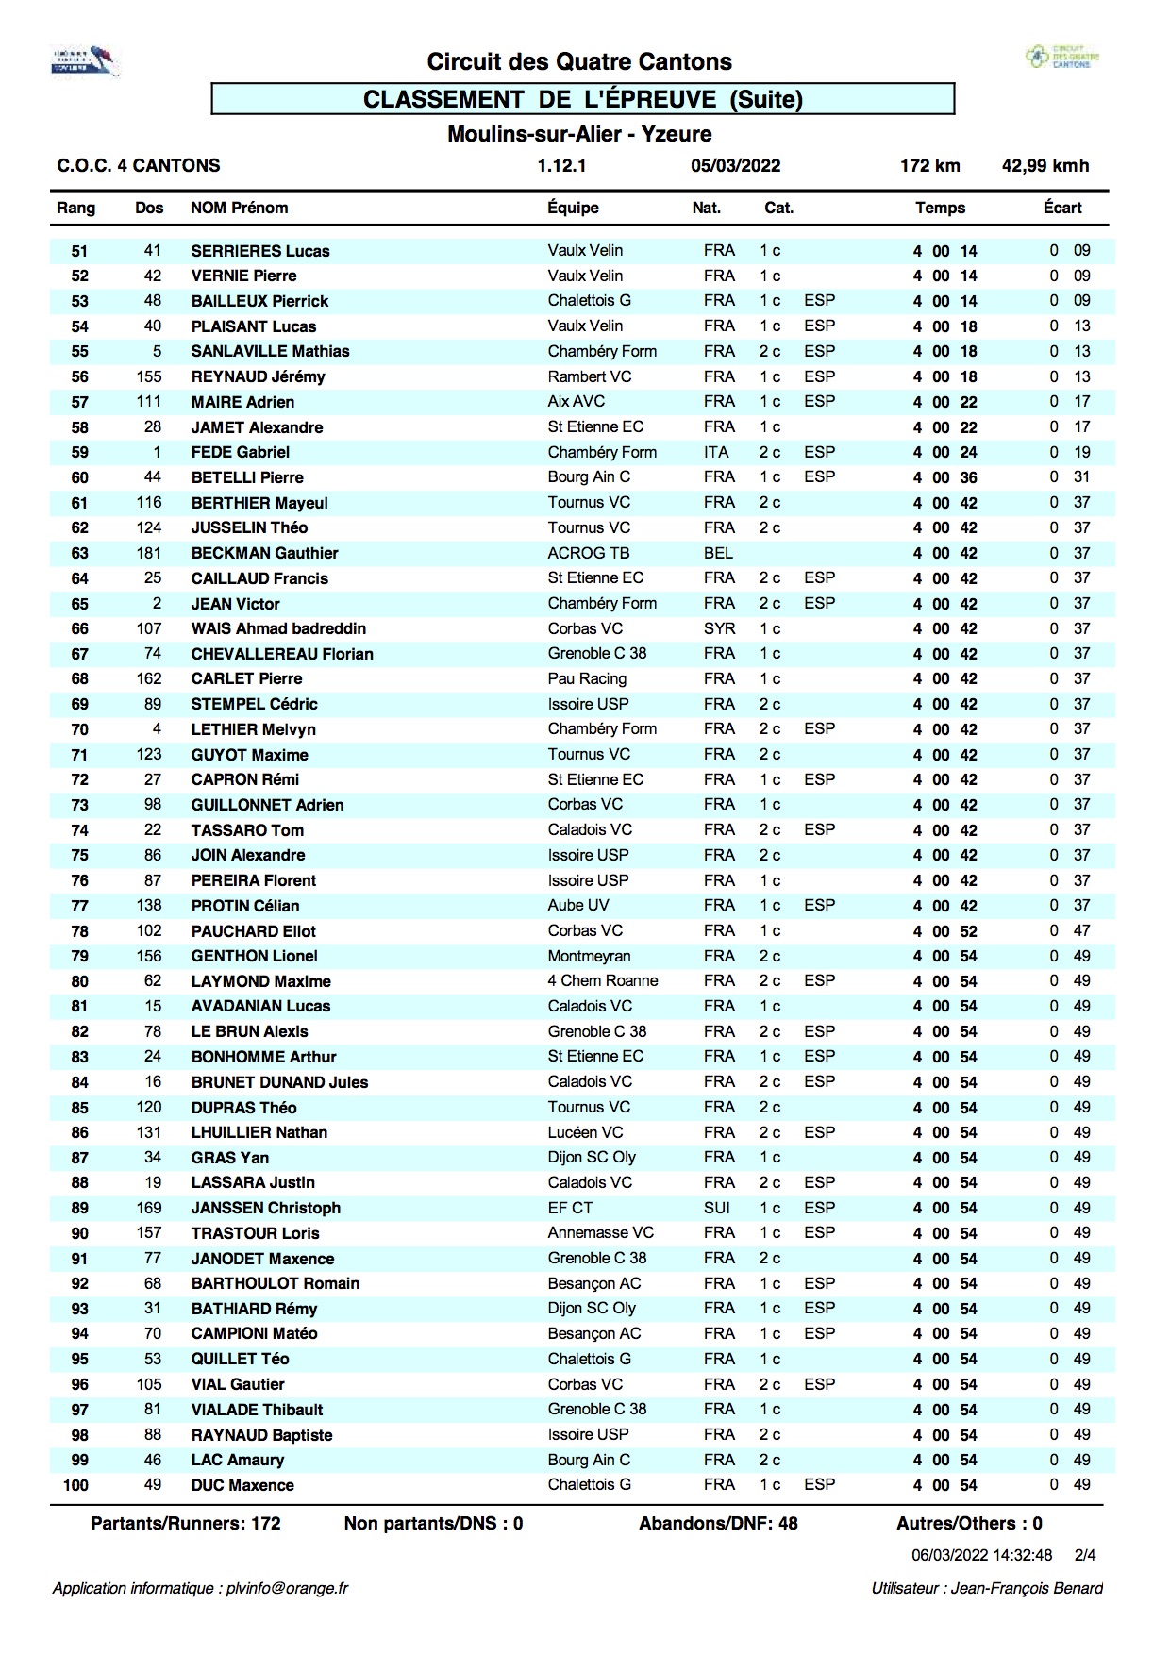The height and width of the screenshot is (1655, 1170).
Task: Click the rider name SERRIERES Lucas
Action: point(260,251)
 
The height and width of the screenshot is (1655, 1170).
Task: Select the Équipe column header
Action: point(573,208)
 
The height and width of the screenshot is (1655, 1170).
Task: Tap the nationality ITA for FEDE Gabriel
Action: point(716,452)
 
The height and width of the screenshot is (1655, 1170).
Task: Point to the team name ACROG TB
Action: point(588,553)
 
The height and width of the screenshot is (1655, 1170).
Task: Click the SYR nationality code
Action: point(719,628)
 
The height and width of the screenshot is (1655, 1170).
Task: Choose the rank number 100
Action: point(75,1485)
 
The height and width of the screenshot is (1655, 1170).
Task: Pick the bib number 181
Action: point(148,553)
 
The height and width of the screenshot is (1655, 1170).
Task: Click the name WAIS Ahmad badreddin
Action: point(278,628)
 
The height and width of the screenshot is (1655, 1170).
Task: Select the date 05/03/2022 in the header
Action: point(735,166)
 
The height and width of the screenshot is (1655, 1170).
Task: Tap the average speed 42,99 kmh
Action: point(1045,166)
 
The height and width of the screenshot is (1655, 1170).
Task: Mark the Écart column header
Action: point(1062,208)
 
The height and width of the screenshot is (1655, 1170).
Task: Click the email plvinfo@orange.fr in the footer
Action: point(287,1588)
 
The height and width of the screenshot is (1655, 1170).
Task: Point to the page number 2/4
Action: point(1085,1555)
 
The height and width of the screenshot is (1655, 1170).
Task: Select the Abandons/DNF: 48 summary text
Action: point(718,1523)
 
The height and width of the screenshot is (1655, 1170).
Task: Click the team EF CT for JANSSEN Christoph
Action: point(570,1208)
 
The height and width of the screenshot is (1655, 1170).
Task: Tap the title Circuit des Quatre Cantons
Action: point(579,62)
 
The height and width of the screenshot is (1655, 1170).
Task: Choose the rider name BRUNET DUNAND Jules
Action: point(279,1082)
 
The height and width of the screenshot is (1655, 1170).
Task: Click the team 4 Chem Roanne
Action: point(603,981)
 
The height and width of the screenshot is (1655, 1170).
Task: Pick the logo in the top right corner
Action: point(1062,57)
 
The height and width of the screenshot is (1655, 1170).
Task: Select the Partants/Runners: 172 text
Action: point(186,1523)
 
